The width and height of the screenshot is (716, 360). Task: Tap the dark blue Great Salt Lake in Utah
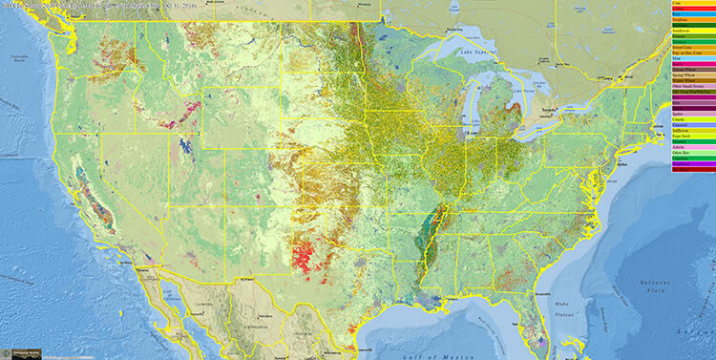183,146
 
